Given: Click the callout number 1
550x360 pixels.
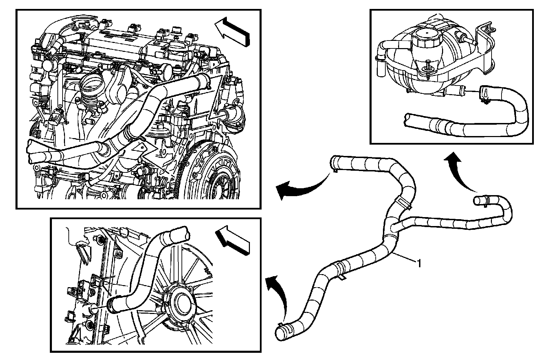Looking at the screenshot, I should pos(419,263).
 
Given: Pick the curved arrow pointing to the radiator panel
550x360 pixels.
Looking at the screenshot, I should pos(278,292).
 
